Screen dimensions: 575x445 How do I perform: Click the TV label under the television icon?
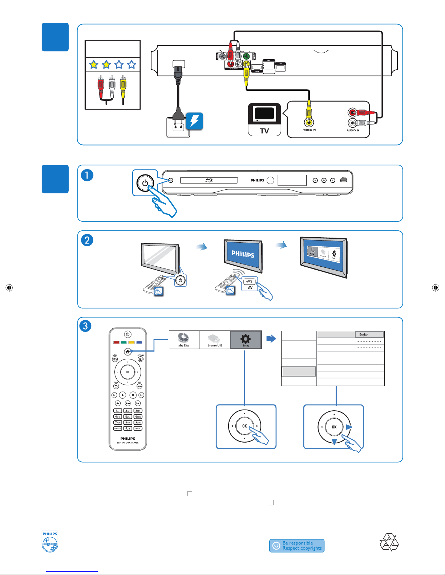[264, 131]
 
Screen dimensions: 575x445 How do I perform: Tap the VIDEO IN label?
[309, 130]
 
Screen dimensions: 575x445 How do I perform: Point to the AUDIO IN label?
[353, 131]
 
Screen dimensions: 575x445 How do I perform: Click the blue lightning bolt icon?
[195, 121]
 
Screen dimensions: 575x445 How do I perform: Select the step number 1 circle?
[87, 175]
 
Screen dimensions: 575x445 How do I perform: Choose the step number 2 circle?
[87, 240]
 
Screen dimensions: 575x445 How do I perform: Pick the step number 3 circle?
[85, 326]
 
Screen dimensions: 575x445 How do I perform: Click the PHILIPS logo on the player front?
[257, 180]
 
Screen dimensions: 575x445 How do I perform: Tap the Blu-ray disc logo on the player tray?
[209, 180]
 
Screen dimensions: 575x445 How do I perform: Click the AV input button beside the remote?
[250, 284]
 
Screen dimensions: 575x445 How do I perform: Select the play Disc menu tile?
[184, 340]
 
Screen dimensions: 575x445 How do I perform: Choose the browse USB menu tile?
[215, 340]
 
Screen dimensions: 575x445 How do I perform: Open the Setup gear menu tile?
[246, 340]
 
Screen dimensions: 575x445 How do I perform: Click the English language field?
[369, 334]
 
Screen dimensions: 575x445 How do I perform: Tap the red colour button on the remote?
[116, 342]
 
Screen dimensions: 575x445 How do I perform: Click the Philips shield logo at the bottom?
[50, 542]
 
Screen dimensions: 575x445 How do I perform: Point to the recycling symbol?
[389, 542]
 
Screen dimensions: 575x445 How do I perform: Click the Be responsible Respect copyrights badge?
[297, 546]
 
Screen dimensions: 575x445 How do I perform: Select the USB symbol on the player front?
[344, 180]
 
